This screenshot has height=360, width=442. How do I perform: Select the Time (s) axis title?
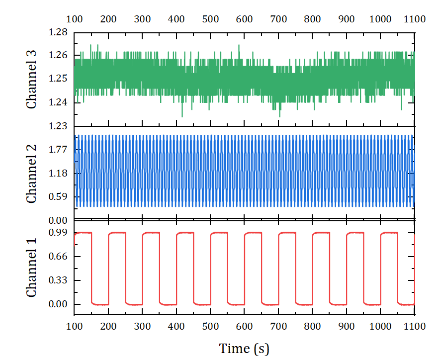[244, 349]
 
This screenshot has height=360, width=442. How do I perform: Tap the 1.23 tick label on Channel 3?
[58, 126]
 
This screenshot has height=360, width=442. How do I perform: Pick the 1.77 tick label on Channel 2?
[58, 150]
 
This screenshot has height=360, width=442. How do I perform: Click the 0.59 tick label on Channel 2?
[58, 197]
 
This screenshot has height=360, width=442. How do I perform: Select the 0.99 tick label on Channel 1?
[58, 233]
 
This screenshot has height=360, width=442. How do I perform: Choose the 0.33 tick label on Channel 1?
[58, 280]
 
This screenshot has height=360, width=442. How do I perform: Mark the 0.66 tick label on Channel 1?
[58, 257]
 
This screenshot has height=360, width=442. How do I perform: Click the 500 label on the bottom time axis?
[210, 327]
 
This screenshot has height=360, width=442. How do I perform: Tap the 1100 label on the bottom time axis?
[415, 327]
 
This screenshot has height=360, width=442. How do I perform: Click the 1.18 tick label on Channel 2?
[58, 174]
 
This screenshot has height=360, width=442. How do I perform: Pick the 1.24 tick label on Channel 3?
[58, 103]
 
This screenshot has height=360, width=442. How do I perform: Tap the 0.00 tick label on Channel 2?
[58, 220]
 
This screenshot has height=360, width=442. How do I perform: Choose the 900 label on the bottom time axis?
[347, 327]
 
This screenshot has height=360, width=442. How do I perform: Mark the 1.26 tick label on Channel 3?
[58, 55]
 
